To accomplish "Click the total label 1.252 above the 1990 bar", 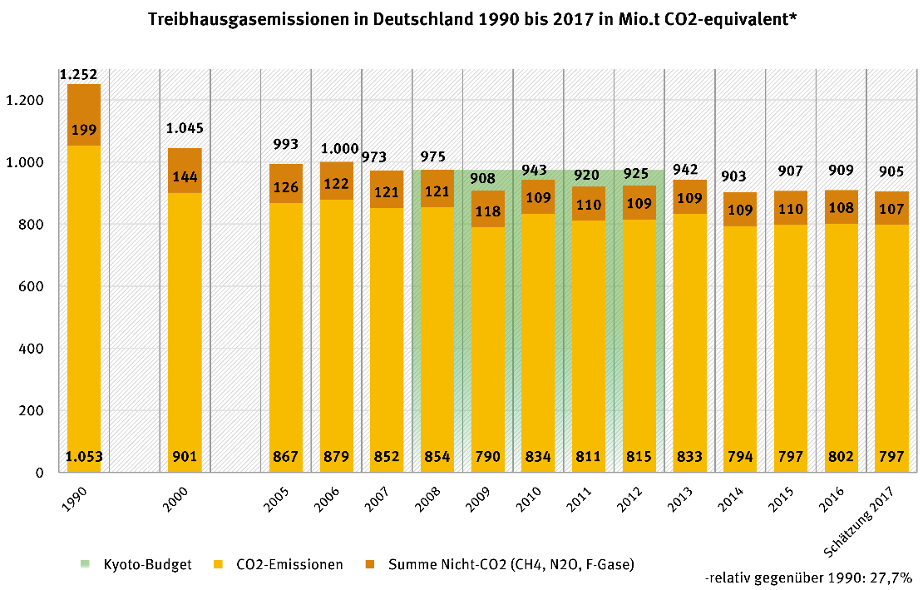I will [x=80, y=75].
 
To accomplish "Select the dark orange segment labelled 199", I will [x=84, y=130].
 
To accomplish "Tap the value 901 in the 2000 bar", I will [x=185, y=456].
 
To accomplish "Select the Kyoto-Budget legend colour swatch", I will [x=85, y=565].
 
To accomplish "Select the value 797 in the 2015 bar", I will [x=790, y=456].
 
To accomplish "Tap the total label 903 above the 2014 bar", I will [x=740, y=176].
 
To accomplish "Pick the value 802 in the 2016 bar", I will [x=841, y=456].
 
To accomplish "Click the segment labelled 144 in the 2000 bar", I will [x=185, y=177].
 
